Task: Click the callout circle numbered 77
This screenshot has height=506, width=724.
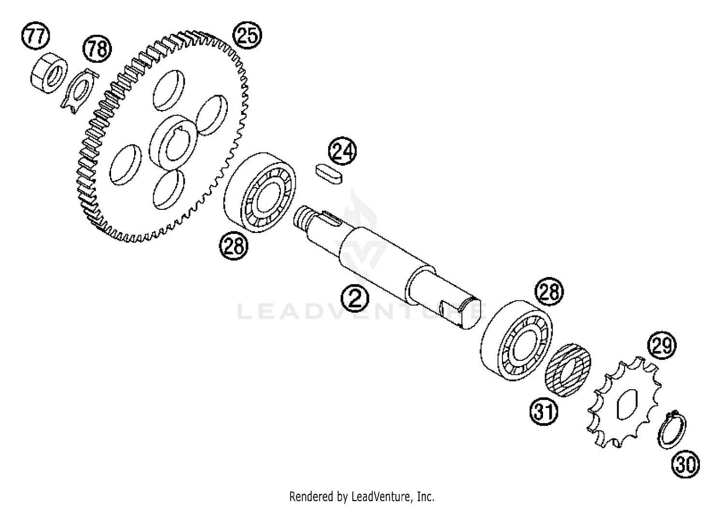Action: coord(36,36)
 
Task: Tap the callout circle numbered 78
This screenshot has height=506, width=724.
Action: coord(97,49)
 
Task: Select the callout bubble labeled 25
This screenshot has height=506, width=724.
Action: coord(247,35)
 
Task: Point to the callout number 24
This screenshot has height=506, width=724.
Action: coord(342,151)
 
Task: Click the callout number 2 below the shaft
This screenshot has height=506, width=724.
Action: coord(355,298)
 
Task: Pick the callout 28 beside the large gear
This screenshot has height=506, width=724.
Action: coord(234,246)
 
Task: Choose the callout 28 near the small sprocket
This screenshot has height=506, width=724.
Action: coord(549,291)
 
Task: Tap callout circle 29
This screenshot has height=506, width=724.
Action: coord(662,345)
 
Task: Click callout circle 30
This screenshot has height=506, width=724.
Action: coord(685,465)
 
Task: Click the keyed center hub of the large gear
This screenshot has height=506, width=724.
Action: coord(173,143)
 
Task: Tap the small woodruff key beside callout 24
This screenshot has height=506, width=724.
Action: coord(328,174)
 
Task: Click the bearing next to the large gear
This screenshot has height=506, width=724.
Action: coord(260,192)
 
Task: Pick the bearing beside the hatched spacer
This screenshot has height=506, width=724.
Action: coord(516,341)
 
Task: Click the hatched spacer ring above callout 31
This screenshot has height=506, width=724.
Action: coord(568,370)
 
